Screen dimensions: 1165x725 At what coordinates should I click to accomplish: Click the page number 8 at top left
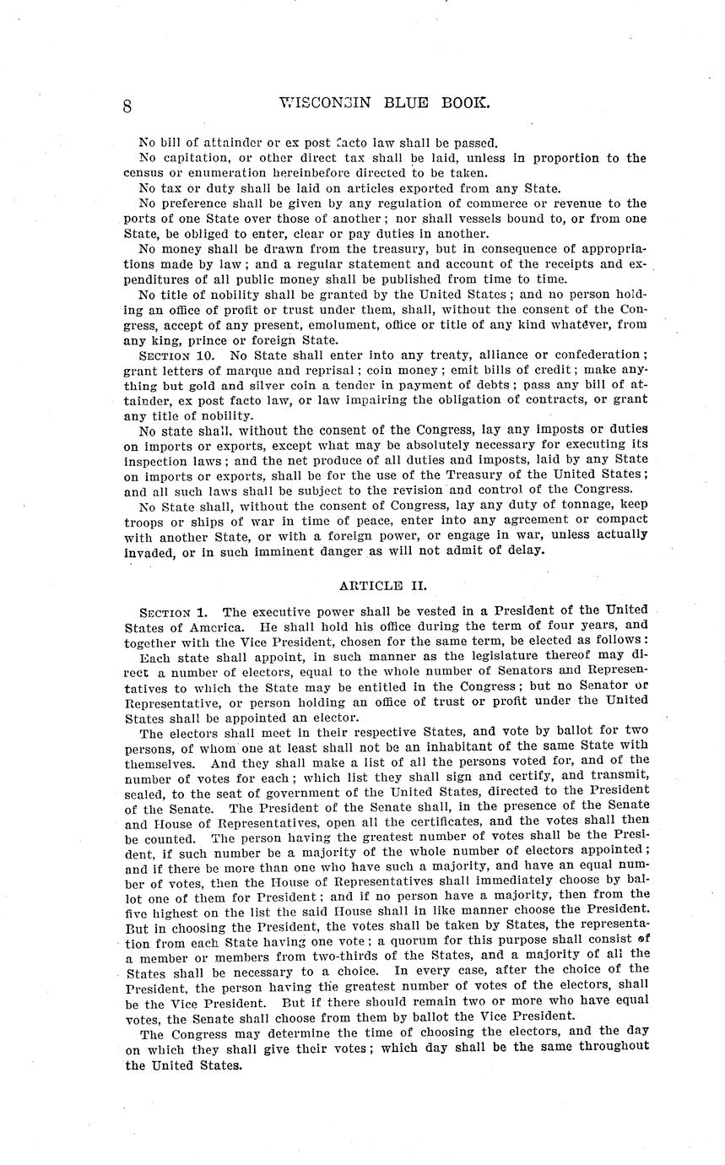(127, 106)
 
